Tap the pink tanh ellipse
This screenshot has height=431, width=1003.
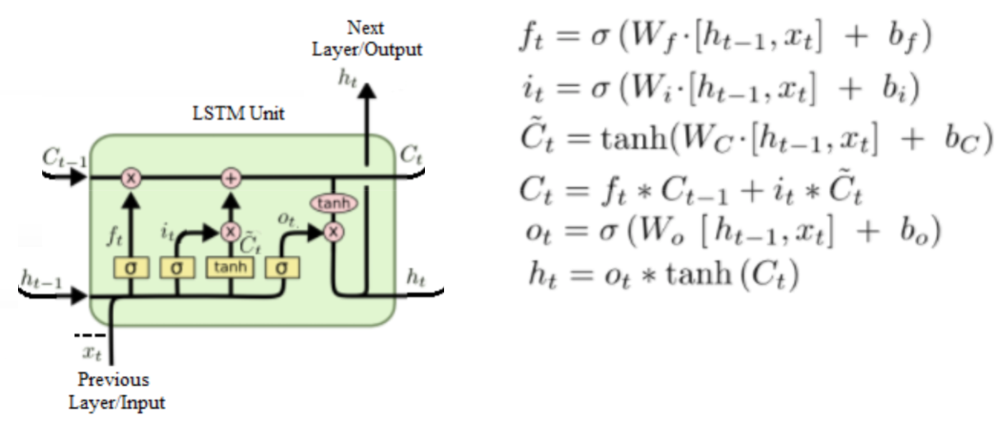333,204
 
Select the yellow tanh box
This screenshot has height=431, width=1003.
230,267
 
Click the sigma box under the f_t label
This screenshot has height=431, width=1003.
131,267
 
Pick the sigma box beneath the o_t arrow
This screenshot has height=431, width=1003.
282,267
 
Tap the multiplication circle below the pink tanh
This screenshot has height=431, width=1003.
333,231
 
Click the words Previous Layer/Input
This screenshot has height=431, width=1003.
117,390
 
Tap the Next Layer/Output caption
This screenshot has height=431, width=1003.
367,39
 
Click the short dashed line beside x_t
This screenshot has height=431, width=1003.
90,335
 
